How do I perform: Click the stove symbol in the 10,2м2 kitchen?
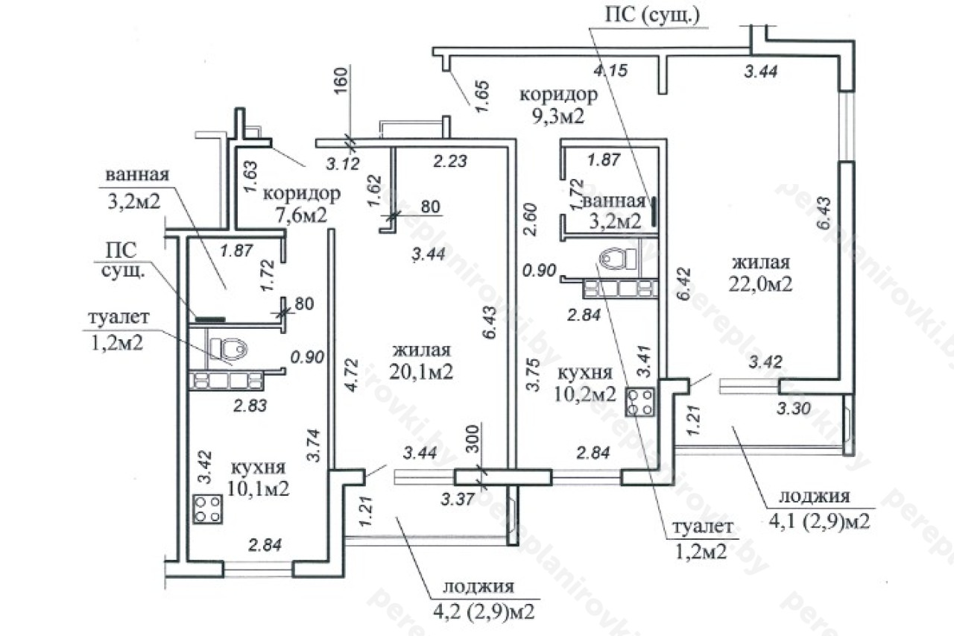point(640,402)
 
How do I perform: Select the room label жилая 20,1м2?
point(423,362)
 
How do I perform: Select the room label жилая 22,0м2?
point(760,273)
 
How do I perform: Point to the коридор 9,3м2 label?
point(558,105)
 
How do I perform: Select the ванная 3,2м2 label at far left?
point(136,189)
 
